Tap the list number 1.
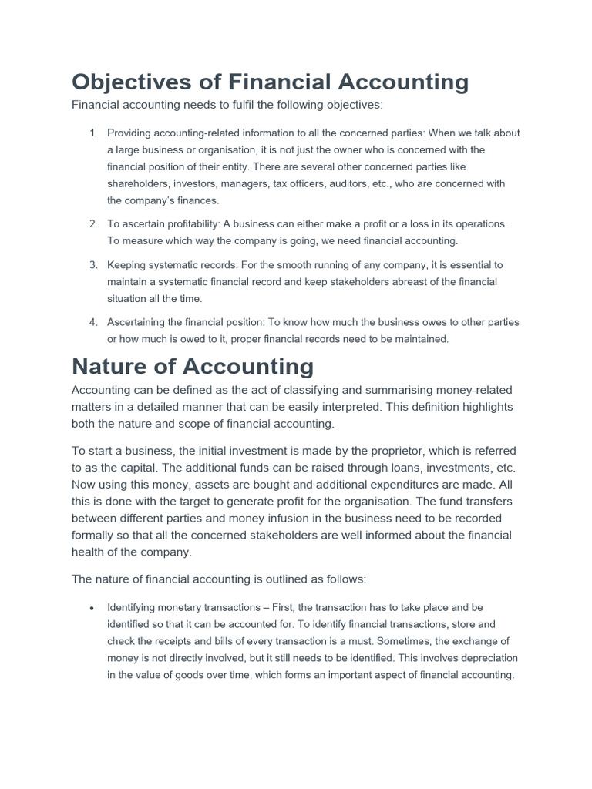(x=93, y=133)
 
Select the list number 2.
(x=93, y=223)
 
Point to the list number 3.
(x=93, y=264)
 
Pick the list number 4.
(x=93, y=322)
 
